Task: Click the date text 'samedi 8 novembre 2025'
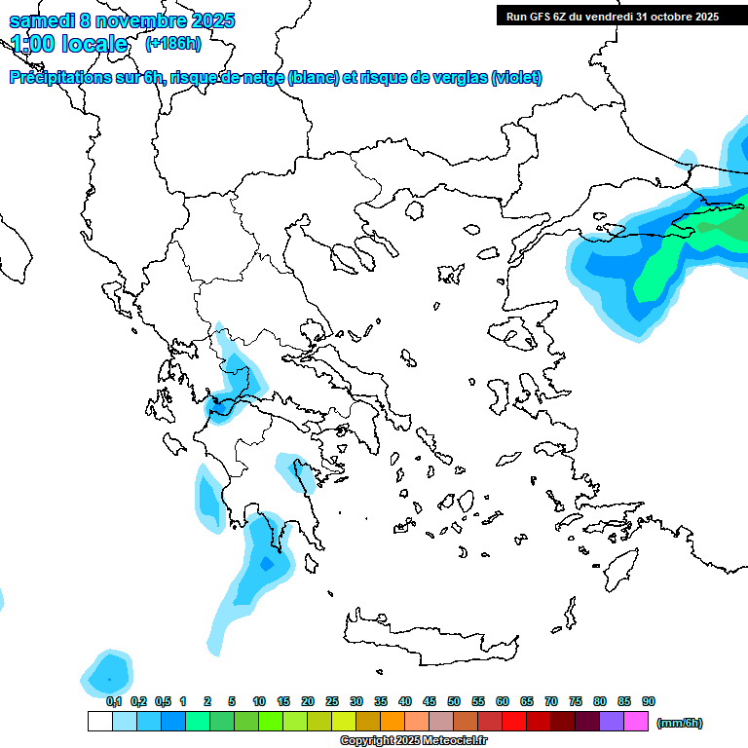pyautogui.click(x=122, y=20)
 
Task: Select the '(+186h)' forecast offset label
pyautogui.click(x=173, y=43)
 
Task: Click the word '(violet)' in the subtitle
pyautogui.click(x=516, y=78)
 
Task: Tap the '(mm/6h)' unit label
pyautogui.click(x=680, y=723)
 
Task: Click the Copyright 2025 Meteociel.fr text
pyautogui.click(x=413, y=740)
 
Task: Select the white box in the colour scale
pyautogui.click(x=99, y=721)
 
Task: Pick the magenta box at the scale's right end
pyautogui.click(x=636, y=721)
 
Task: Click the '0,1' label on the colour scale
pyautogui.click(x=114, y=701)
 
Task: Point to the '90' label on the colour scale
pyautogui.click(x=649, y=701)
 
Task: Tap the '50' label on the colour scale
pyautogui.click(x=454, y=701)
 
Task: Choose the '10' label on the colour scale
pyautogui.click(x=259, y=701)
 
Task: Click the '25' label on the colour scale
pyautogui.click(x=332, y=701)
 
